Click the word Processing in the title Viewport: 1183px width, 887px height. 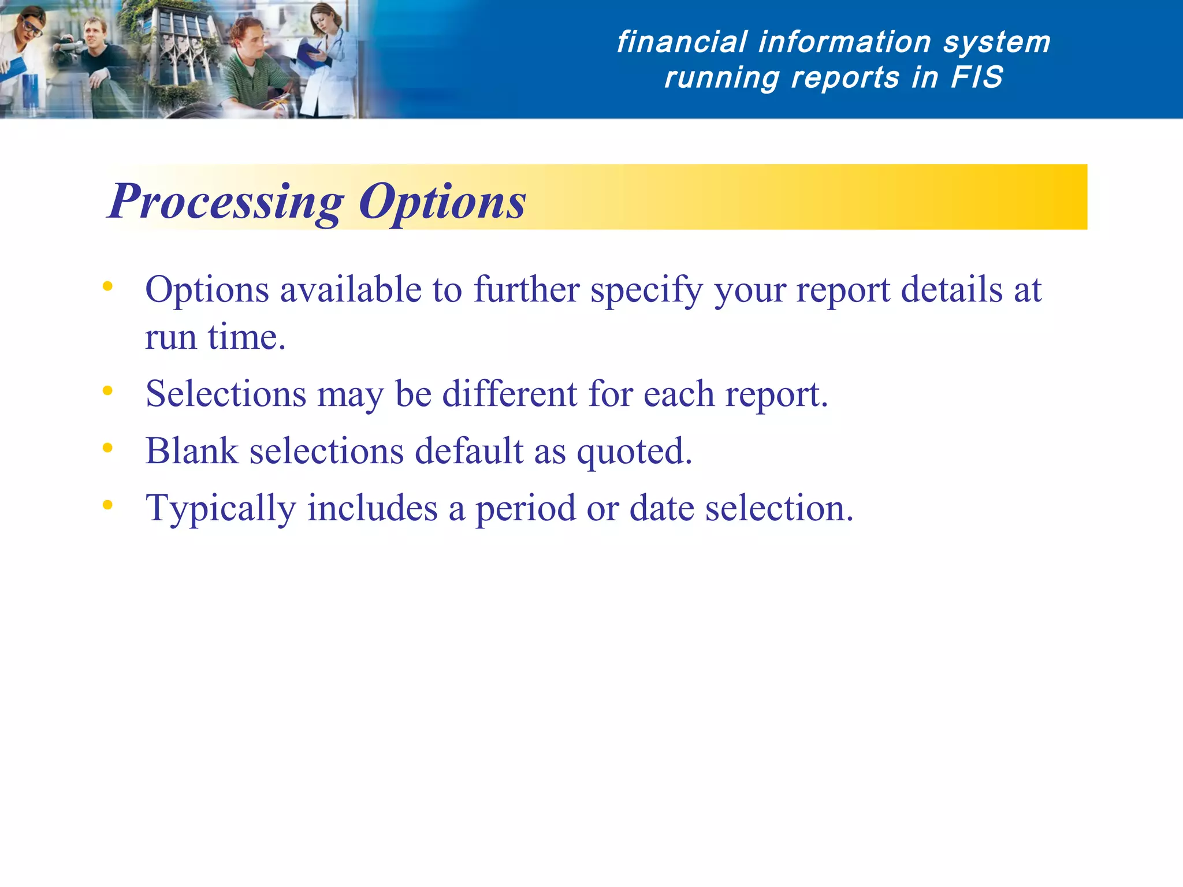point(226,202)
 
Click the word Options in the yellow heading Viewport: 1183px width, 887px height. point(442,202)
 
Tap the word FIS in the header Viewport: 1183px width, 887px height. point(976,77)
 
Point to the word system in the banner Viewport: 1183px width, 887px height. point(996,42)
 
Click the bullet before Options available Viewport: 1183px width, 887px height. point(107,286)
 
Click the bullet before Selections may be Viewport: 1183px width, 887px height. point(107,391)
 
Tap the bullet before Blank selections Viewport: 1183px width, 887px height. point(107,448)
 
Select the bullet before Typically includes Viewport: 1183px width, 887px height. point(107,505)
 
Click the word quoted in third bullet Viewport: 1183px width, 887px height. point(634,451)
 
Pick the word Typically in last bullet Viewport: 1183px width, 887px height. point(221,509)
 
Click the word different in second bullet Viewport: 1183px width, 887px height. point(509,394)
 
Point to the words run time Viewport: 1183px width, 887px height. point(215,337)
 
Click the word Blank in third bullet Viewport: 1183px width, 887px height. point(192,451)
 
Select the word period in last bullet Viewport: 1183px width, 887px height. point(526,509)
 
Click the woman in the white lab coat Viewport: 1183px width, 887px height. point(326,64)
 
